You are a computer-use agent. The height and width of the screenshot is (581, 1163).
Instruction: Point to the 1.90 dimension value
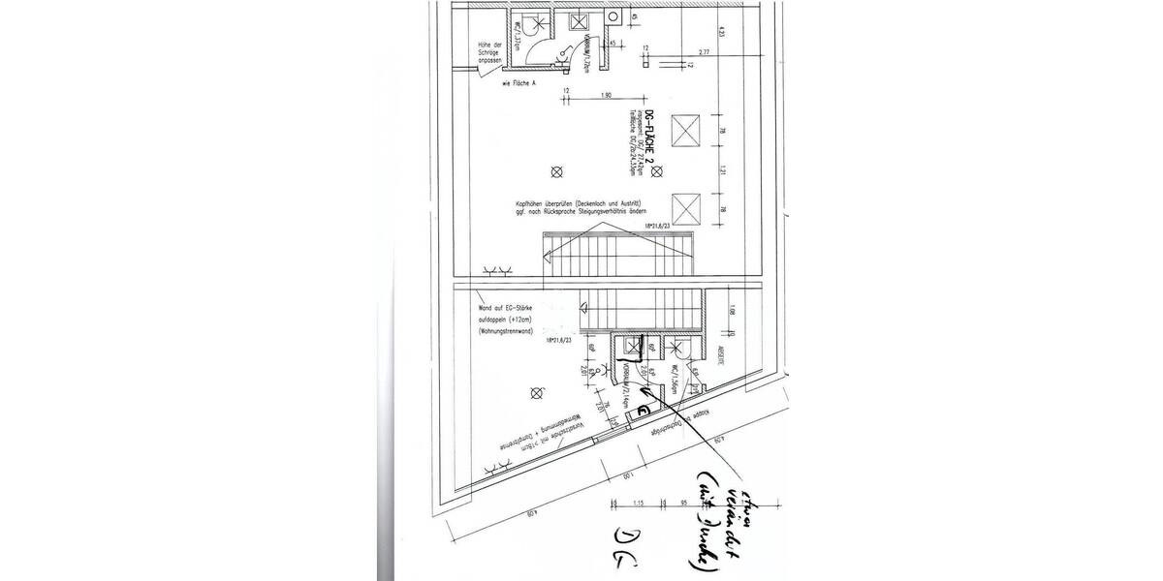tap(606, 94)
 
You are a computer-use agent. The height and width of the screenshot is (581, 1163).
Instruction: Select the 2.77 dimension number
tap(704, 52)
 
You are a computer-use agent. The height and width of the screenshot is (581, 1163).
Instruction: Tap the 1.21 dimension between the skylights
tap(723, 168)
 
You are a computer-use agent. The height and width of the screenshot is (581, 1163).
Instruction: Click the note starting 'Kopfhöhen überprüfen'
tap(584, 207)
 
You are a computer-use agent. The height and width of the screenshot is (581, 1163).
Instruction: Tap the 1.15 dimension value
tap(641, 505)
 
